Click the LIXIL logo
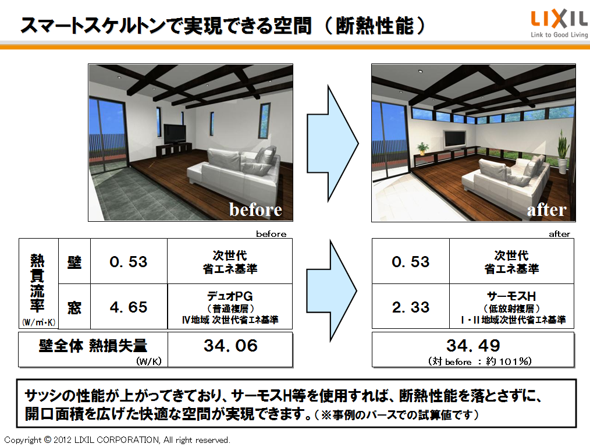559,24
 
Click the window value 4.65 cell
129,307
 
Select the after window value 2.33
411,307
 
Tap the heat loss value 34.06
230,345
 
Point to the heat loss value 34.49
473,345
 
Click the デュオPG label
230,296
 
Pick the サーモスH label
511,296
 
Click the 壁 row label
74,262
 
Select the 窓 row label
74,308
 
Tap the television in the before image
175,134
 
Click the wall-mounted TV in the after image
455,139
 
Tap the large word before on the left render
255,210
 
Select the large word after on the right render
546,210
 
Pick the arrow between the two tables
332,291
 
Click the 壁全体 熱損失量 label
93,345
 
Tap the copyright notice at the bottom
117,440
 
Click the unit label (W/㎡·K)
39,322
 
